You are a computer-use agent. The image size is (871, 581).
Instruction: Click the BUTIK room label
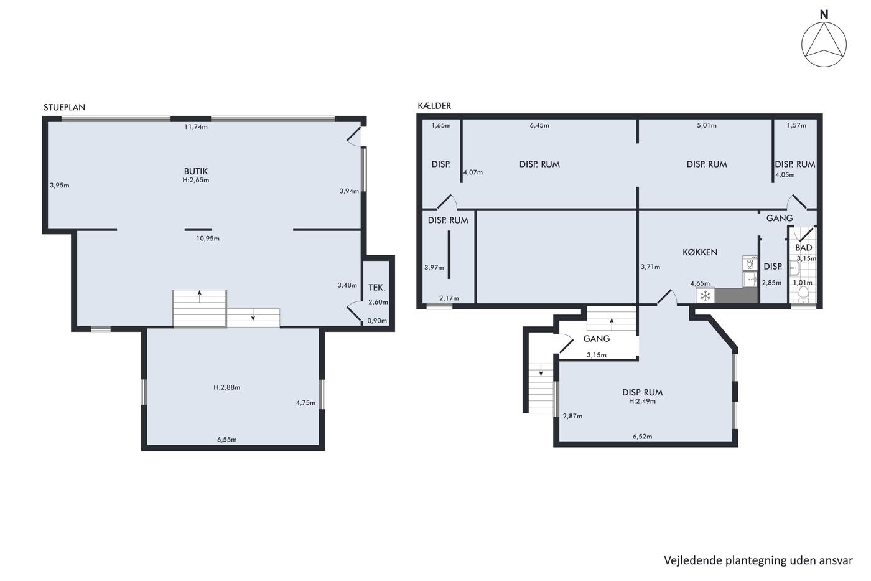tap(196, 171)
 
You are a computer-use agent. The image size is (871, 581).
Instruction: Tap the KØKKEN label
tap(700, 252)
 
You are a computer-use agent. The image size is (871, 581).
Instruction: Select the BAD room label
tap(803, 247)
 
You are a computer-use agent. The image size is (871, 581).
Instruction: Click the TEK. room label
tap(377, 288)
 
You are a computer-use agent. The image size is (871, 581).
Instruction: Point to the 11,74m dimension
tap(196, 127)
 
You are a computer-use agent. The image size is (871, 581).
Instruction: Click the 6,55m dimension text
tap(227, 440)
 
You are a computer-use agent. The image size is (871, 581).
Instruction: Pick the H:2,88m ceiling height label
tap(227, 387)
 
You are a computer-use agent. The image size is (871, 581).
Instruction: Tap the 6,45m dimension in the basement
tap(540, 125)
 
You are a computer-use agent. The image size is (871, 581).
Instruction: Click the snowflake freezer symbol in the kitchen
tap(705, 296)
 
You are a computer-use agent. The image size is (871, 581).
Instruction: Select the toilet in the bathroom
tap(803, 295)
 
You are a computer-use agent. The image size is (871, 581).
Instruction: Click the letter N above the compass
tap(824, 15)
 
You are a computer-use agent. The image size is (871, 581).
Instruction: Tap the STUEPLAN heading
tap(64, 107)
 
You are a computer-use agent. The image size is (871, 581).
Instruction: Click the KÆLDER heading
tap(434, 105)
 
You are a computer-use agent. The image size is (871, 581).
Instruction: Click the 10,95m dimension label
tap(208, 239)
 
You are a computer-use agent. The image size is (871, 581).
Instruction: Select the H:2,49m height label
tap(642, 401)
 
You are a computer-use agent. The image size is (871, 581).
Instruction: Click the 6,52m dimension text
tap(642, 437)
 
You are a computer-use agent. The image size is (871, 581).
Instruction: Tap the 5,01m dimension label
tap(707, 125)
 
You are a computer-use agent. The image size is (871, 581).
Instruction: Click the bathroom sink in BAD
tap(794, 268)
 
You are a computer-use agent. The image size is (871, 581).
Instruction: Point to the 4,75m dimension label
tap(305, 403)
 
